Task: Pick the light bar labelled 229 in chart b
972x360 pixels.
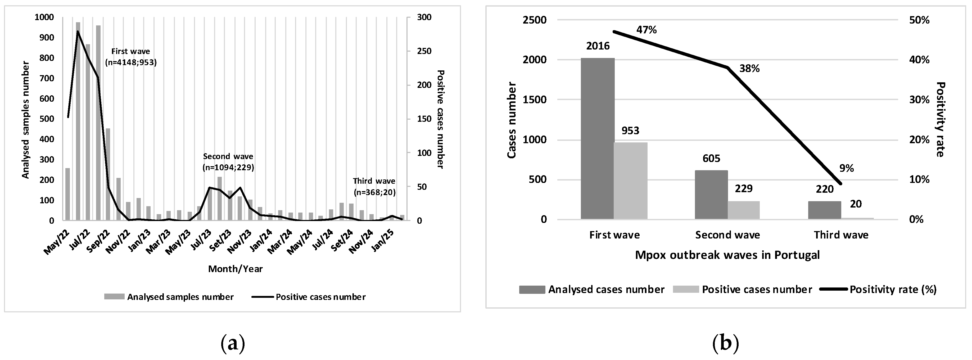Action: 743,210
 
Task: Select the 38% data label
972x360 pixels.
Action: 749,69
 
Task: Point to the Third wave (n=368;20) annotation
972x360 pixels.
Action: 374,186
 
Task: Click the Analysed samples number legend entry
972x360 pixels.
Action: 180,297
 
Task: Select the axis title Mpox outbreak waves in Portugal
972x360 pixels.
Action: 727,255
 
